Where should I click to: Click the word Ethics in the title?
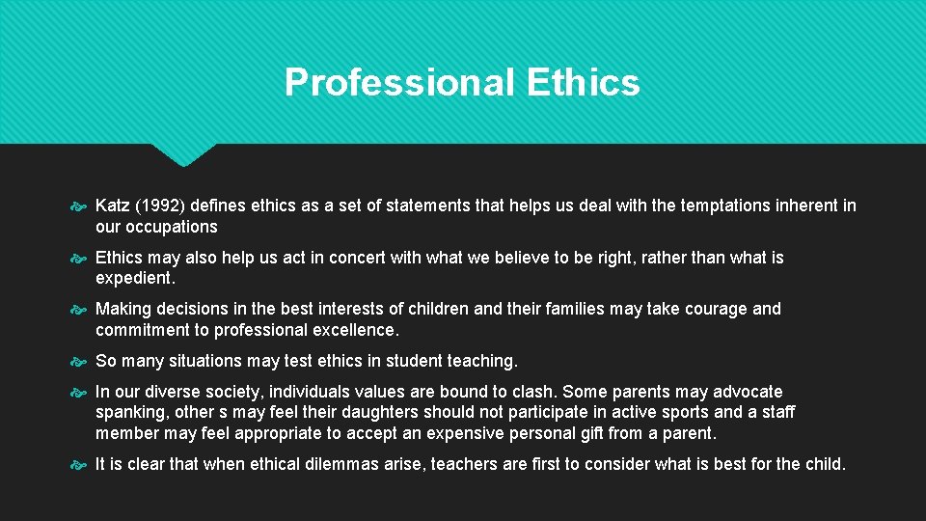584,83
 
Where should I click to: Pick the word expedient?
135,278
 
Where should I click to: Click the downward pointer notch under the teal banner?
183,154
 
